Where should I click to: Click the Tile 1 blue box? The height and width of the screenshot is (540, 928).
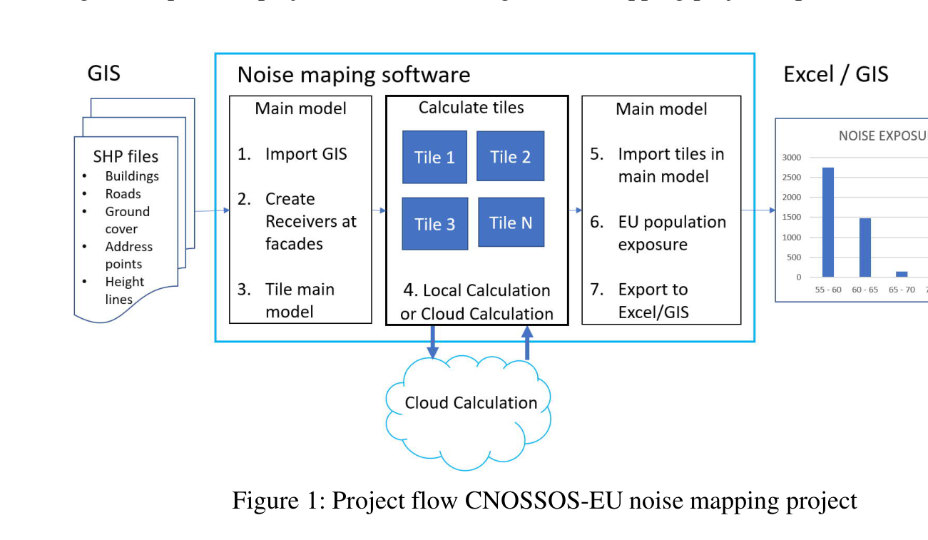click(x=434, y=157)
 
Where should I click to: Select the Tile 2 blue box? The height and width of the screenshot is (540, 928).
click(x=510, y=156)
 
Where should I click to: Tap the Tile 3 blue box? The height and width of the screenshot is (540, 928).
click(x=434, y=223)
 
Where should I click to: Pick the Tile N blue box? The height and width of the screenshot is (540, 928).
click(x=511, y=222)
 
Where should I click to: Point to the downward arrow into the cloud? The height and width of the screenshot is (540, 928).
click(x=432, y=342)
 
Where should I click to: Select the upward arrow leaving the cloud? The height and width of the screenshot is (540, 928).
click(x=527, y=342)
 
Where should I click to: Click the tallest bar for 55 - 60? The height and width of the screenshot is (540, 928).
click(x=828, y=222)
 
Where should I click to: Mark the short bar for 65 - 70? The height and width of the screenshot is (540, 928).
click(x=902, y=274)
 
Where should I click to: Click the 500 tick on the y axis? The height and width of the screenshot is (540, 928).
click(x=794, y=258)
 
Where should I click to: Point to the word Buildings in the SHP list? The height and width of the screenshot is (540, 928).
click(x=132, y=176)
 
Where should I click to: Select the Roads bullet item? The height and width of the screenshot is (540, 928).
click(x=123, y=194)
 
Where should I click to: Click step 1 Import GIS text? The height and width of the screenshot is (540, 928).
click(x=306, y=154)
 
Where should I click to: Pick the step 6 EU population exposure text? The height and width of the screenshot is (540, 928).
click(x=671, y=233)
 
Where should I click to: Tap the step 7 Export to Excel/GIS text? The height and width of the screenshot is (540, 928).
click(x=653, y=300)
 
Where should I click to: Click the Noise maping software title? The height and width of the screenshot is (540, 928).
click(x=354, y=75)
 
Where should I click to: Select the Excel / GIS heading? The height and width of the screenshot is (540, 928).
click(x=835, y=75)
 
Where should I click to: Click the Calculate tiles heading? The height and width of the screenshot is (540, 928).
click(x=471, y=108)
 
